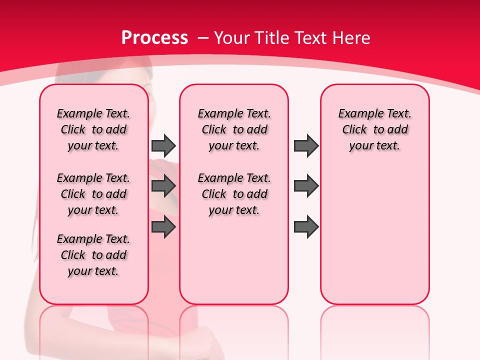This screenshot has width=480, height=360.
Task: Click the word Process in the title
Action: tap(154, 38)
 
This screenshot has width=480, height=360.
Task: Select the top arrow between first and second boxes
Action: tap(163, 145)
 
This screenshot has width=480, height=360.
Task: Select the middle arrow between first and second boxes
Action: tap(163, 186)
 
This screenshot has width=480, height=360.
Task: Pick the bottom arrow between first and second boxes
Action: tap(163, 227)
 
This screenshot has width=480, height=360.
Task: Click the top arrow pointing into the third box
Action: tap(306, 145)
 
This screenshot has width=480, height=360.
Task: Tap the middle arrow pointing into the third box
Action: tap(306, 186)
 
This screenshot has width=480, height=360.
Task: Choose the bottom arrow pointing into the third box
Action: tap(306, 227)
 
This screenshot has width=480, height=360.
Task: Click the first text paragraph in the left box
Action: tap(93, 129)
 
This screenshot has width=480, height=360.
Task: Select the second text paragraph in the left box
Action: tap(93, 194)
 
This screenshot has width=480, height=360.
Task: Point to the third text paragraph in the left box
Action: tap(93, 255)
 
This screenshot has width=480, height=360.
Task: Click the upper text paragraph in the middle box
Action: tap(234, 129)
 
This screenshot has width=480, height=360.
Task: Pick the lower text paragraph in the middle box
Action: tap(234, 194)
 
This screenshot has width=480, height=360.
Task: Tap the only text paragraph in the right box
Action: tap(374, 129)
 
